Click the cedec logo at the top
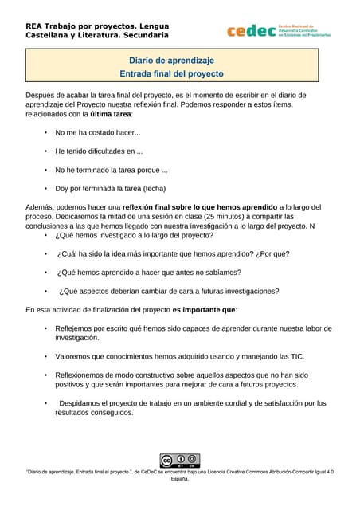coord(278,31)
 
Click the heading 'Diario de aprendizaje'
coord(171,60)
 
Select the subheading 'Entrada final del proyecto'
coord(171,73)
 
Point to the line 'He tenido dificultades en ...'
coord(99,151)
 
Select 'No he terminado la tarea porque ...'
coord(112,170)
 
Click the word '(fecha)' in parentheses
coord(150,189)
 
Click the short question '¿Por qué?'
coord(271,254)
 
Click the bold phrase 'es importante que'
coord(204,309)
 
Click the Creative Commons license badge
coord(179,461)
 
